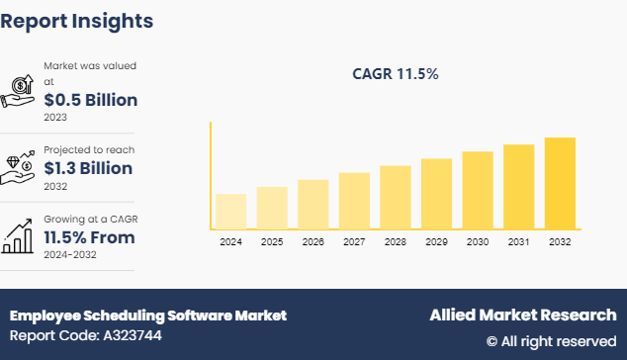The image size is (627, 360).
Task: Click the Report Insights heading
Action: (77, 21)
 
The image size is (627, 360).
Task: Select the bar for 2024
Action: (230, 212)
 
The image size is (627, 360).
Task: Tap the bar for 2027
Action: (353, 202)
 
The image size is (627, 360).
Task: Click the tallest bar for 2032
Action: (560, 184)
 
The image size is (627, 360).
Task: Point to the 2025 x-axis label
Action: (272, 241)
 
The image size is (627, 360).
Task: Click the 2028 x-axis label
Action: (395, 241)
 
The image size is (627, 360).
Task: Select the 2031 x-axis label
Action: (518, 241)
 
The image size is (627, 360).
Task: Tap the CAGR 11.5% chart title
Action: (396, 73)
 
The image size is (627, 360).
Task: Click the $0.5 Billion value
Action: (90, 100)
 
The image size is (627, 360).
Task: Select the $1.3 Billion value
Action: (89, 168)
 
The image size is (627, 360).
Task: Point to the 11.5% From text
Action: (89, 237)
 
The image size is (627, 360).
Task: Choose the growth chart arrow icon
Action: (20, 234)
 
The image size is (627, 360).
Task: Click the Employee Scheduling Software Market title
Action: (148, 315)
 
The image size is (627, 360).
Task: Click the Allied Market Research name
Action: (522, 315)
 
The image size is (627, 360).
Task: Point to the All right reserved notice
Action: (551, 341)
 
